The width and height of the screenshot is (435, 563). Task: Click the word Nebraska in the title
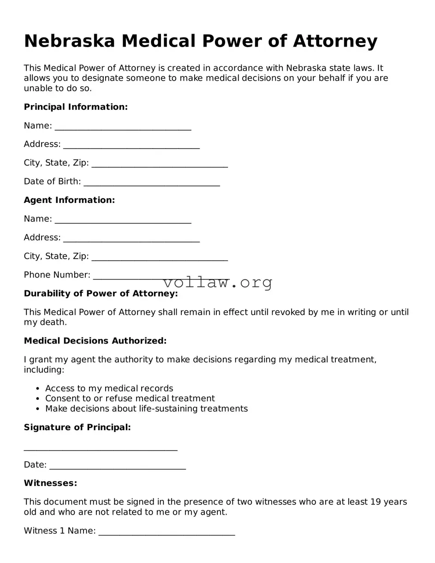[x=69, y=41]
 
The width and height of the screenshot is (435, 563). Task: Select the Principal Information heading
[x=76, y=107]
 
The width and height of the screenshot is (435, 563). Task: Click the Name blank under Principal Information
[x=123, y=126]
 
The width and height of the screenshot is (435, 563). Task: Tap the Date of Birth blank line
[x=152, y=182]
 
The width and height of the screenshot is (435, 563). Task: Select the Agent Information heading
[x=69, y=200]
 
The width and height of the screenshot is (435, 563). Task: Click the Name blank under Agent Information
[x=123, y=219]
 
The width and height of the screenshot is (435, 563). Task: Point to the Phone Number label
[x=57, y=275]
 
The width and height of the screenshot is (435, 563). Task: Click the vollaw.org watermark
[x=218, y=282]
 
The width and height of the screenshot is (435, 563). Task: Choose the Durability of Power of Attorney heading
[x=101, y=294]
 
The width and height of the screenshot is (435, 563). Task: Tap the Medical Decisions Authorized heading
[x=95, y=341]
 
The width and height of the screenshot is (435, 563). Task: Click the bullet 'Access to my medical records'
[x=109, y=388]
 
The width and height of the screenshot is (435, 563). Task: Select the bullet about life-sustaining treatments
[x=146, y=409]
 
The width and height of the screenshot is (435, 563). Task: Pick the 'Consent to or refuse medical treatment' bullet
[x=130, y=398]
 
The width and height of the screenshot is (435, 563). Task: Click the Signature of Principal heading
[x=77, y=427]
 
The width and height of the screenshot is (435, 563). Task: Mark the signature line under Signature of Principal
[x=101, y=447]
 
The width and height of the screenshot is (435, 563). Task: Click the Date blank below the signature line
[x=117, y=466]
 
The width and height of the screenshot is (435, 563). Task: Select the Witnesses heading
[x=50, y=483]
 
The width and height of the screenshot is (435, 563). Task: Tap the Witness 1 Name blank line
[x=167, y=532]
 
